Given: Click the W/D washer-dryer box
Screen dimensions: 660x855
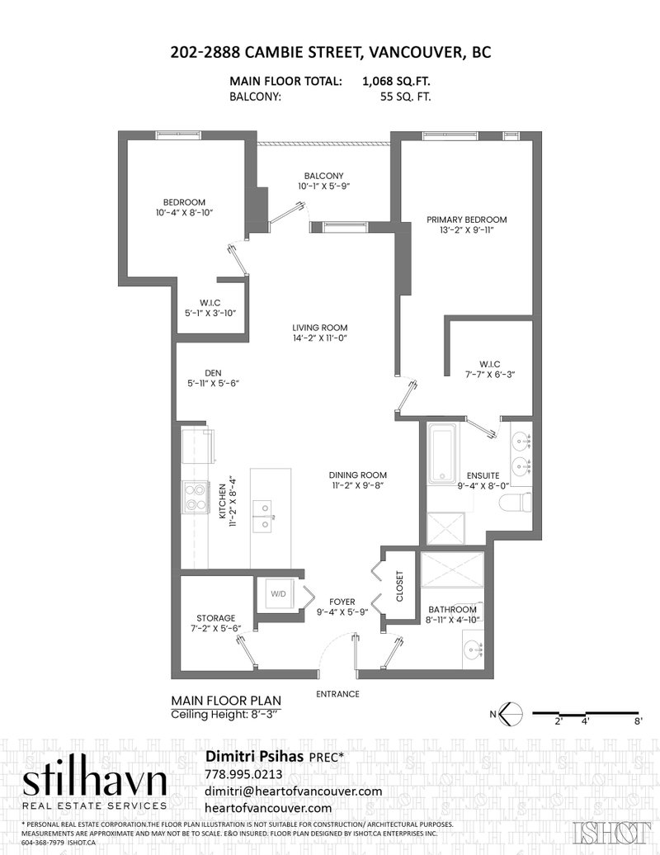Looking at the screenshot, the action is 279,594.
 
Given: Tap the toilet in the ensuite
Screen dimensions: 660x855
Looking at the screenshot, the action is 516,501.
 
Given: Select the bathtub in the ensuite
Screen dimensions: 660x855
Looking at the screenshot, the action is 442,454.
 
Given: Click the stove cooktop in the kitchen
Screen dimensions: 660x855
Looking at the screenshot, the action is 196,498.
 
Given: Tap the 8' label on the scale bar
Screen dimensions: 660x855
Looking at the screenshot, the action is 639,720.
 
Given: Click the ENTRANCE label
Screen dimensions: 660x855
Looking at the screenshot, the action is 338,694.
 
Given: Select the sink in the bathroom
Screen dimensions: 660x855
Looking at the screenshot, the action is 474,650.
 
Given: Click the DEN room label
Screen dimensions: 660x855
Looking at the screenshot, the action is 213,373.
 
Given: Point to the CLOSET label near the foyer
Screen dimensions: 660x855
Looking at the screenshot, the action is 399,586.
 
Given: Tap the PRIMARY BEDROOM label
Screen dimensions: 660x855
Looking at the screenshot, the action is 466,220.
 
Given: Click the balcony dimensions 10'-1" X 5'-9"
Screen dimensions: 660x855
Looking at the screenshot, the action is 323,186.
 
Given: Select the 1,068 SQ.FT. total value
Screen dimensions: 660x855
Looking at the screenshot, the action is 396,81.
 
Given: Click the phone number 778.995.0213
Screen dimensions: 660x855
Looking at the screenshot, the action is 243,774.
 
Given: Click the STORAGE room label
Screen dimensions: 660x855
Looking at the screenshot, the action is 216,618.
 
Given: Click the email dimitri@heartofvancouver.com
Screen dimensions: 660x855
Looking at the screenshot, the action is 293,791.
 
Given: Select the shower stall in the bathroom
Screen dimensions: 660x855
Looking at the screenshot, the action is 452,569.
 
